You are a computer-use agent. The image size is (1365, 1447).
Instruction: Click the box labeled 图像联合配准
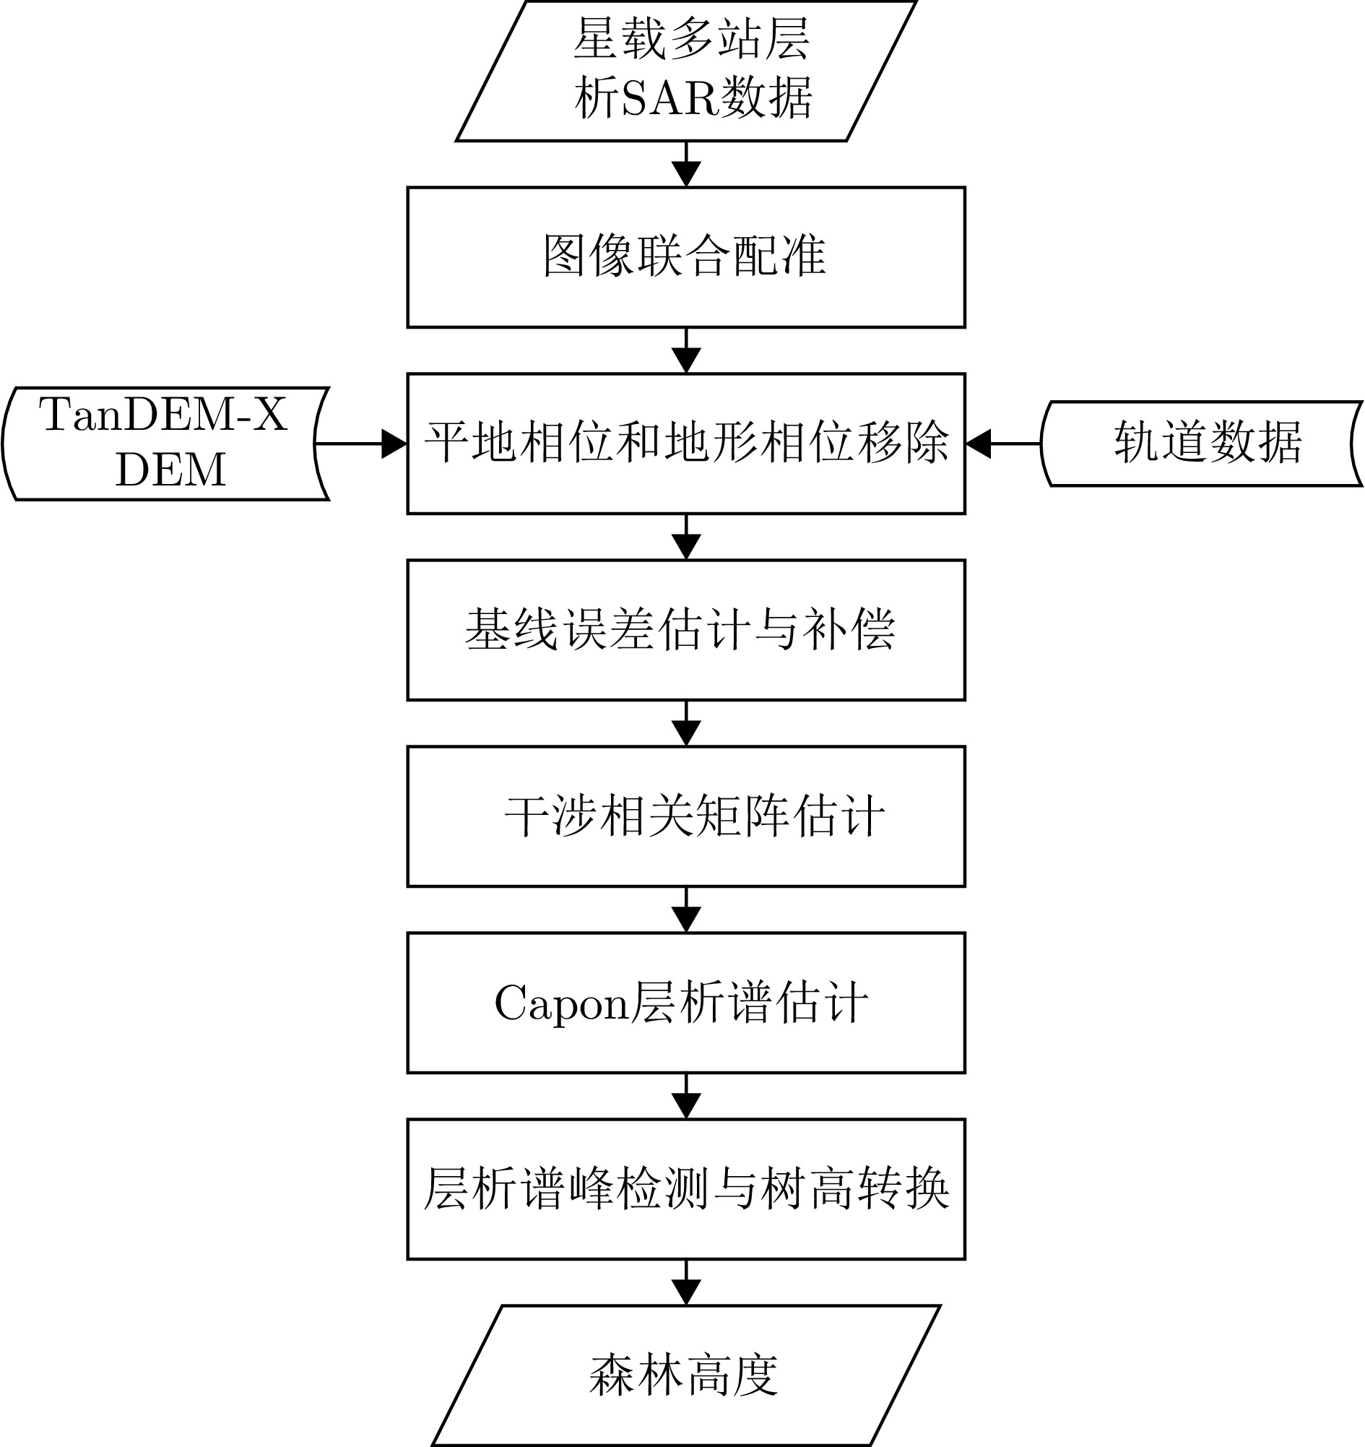pyautogui.click(x=685, y=257)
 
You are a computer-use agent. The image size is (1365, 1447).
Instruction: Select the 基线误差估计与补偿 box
pyautogui.click(x=685, y=630)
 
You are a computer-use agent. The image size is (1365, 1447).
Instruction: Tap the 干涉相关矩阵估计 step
pyautogui.click(x=685, y=816)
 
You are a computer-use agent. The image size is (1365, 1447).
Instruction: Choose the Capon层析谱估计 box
pyautogui.click(x=685, y=1002)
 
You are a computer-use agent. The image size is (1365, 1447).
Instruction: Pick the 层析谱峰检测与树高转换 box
pyautogui.click(x=685, y=1188)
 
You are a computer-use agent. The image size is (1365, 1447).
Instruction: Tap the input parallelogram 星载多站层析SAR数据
pyautogui.click(x=685, y=70)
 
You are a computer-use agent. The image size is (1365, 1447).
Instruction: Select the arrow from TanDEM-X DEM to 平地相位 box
pyautogui.click(x=361, y=443)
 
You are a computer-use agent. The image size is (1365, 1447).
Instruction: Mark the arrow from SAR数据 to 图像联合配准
pyautogui.click(x=686, y=165)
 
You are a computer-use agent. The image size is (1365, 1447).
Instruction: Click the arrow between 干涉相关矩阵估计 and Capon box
pyautogui.click(x=686, y=909)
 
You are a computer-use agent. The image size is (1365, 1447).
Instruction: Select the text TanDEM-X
pyautogui.click(x=164, y=415)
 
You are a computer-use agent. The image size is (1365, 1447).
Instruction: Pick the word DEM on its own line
pyautogui.click(x=171, y=470)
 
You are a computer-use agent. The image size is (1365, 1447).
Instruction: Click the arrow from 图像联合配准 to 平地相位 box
pyautogui.click(x=686, y=351)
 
